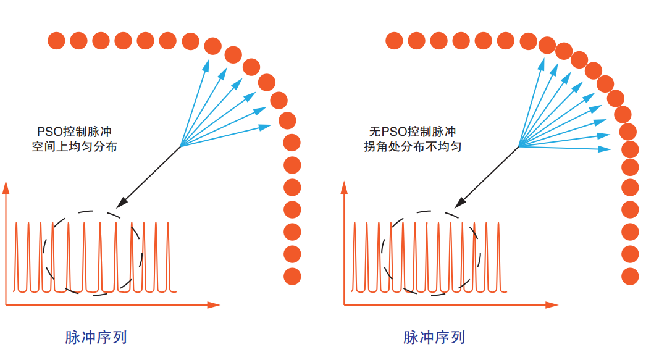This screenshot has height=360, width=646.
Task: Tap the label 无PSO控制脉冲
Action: click(x=412, y=132)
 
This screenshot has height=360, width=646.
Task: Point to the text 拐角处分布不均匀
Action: click(x=413, y=147)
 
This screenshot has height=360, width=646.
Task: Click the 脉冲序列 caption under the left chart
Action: click(x=96, y=337)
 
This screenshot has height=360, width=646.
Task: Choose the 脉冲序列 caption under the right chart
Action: click(x=434, y=337)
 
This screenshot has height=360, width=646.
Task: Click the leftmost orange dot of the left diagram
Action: click(x=56, y=41)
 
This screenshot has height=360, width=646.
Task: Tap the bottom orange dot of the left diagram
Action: click(x=292, y=276)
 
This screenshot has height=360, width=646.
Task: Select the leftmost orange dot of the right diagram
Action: click(x=394, y=41)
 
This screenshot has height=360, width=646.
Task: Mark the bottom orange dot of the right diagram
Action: click(x=629, y=276)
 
